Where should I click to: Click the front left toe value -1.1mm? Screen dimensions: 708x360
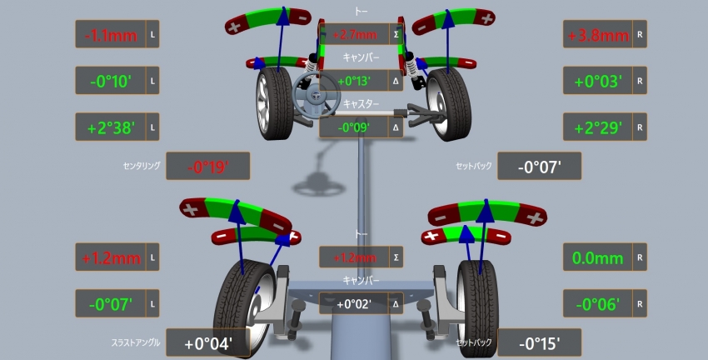(x=111, y=35)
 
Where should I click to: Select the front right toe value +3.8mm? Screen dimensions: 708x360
(x=598, y=35)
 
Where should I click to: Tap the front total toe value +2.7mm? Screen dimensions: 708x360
(x=355, y=34)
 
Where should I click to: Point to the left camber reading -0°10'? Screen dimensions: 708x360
(x=111, y=82)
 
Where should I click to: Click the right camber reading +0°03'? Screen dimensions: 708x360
(x=598, y=82)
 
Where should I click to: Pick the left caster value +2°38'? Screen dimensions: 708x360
(x=111, y=127)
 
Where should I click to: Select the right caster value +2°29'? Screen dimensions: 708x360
(x=598, y=127)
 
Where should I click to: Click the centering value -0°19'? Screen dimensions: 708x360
(x=207, y=167)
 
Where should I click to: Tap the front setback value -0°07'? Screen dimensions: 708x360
(x=539, y=167)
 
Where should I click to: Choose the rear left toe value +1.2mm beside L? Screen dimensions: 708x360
(x=111, y=258)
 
